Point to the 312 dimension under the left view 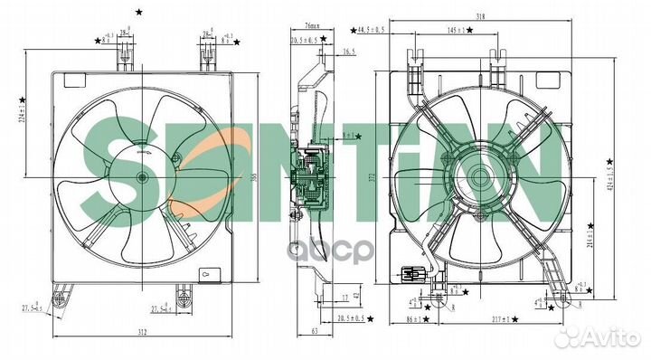coord(143,334)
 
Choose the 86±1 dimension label coord(416,318)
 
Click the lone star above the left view coord(137,12)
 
